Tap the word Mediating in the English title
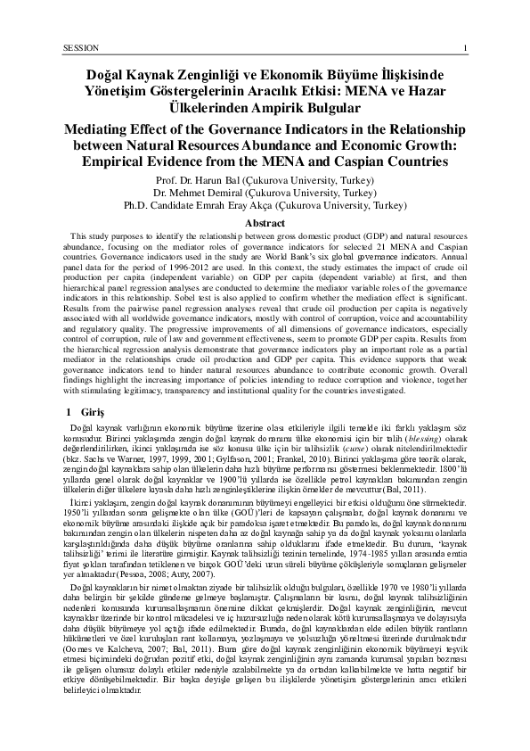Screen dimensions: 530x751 pos(102,130)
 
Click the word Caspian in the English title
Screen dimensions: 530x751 pos(366,162)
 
